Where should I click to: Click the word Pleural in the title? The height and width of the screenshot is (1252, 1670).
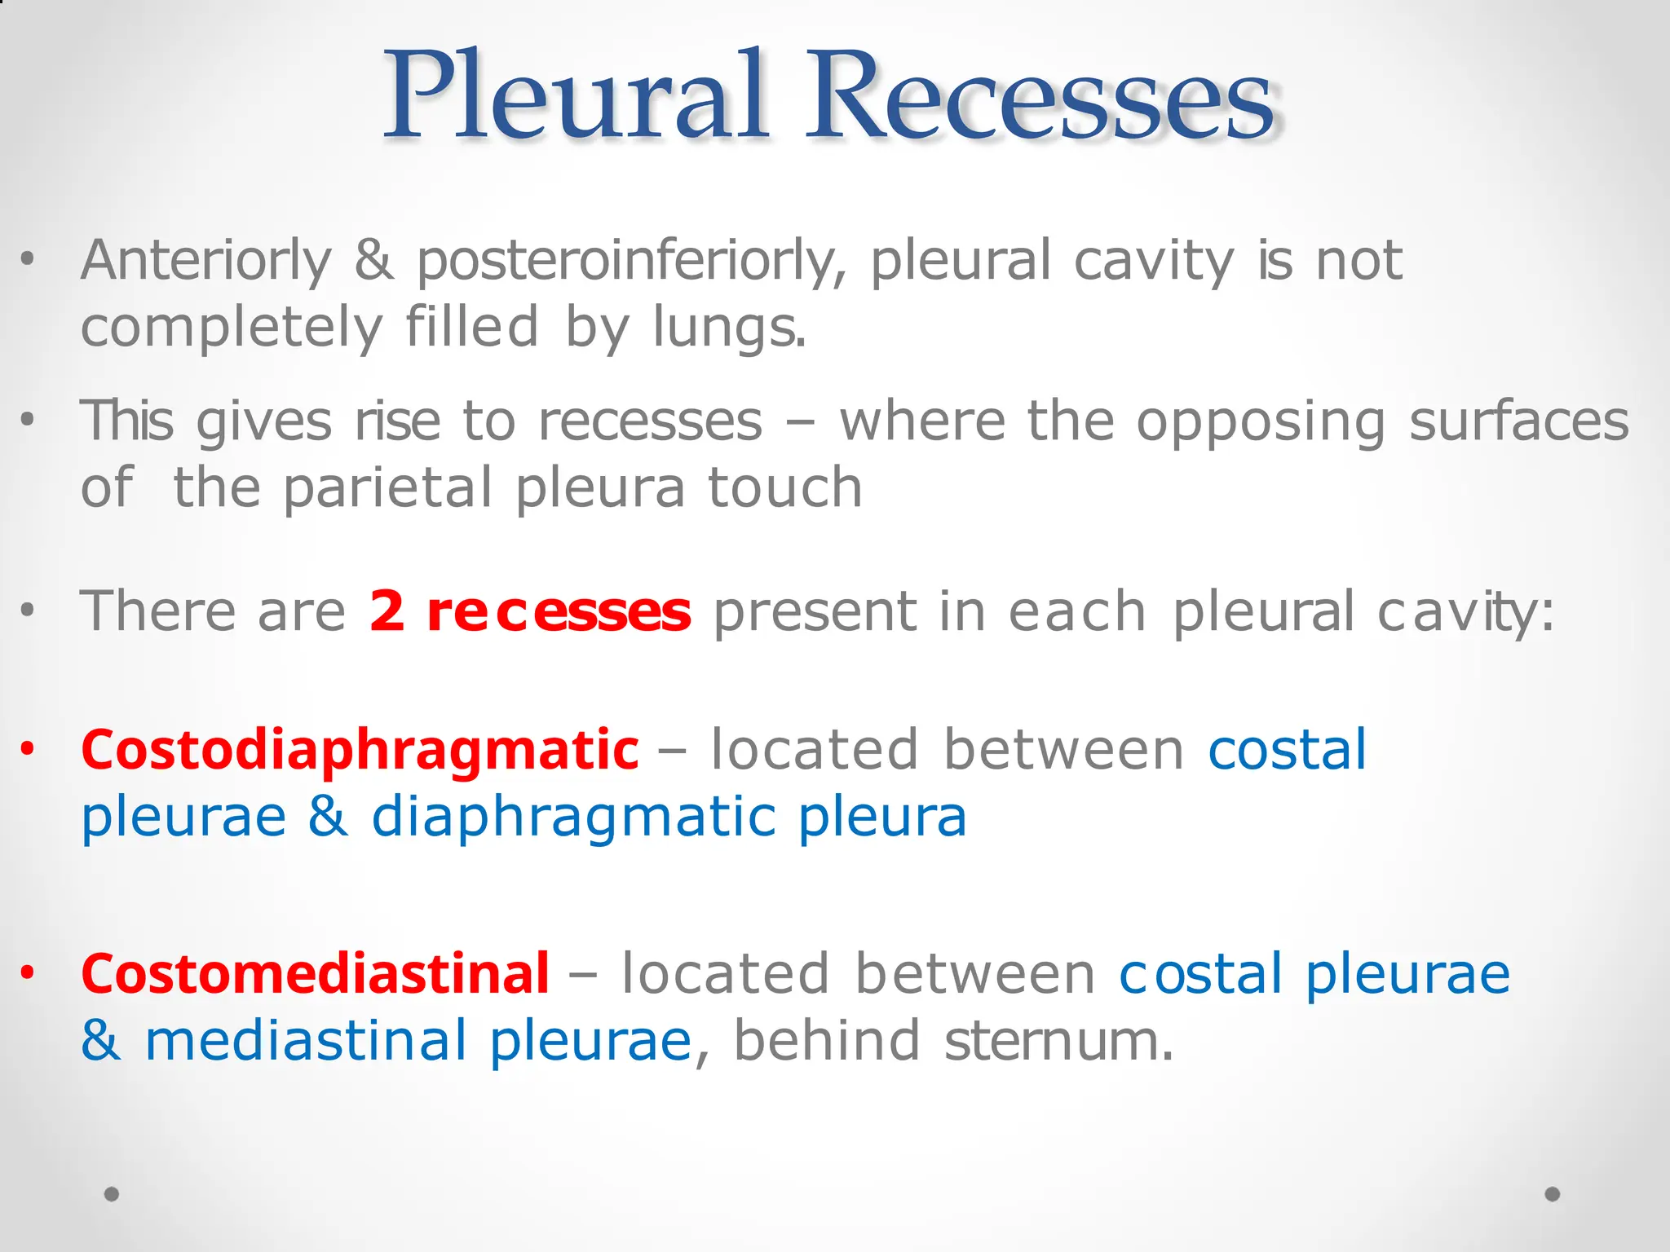click(575, 96)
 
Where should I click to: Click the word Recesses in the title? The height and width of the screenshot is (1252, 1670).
click(1040, 96)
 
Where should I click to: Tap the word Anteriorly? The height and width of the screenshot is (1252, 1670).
click(206, 261)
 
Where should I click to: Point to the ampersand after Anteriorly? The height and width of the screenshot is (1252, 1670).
click(373, 261)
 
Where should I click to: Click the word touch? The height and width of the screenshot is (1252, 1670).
click(784, 487)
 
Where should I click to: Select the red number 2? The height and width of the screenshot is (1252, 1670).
click(387, 611)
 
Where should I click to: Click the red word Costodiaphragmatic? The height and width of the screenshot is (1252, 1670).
click(360, 750)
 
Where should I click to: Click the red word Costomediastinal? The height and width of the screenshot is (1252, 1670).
click(315, 974)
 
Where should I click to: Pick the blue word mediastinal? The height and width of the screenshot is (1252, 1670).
click(306, 1041)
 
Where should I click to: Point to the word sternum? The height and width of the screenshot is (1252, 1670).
click(1058, 1041)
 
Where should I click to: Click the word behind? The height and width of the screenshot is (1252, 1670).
click(827, 1041)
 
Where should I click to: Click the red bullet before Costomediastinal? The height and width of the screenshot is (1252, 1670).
click(29, 973)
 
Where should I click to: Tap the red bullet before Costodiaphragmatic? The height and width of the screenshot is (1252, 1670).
click(29, 748)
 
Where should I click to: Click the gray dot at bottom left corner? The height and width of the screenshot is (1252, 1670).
click(112, 1194)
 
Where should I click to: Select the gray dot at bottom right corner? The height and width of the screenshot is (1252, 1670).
click(1553, 1194)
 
